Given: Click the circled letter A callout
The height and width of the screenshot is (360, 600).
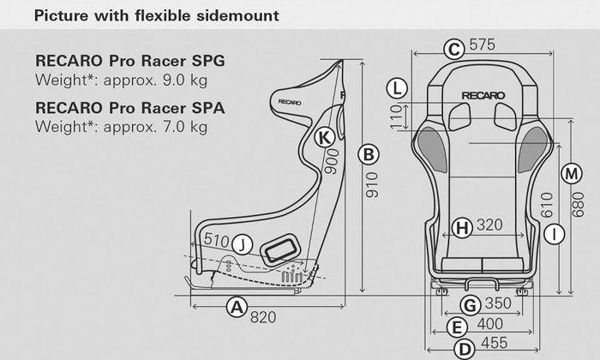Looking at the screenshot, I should pyautogui.click(x=237, y=306).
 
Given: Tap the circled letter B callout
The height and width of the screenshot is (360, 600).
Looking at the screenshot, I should pyautogui.click(x=368, y=154).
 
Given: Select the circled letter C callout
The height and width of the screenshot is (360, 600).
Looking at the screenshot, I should pyautogui.click(x=454, y=49).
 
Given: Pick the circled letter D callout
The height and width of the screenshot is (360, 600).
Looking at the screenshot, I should pyautogui.click(x=464, y=348).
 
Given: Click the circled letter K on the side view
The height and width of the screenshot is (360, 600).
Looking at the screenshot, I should pyautogui.click(x=323, y=137).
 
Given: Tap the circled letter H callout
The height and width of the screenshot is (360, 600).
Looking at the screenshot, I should pyautogui.click(x=462, y=227).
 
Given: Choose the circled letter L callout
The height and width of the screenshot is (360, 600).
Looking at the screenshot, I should pyautogui.click(x=396, y=87).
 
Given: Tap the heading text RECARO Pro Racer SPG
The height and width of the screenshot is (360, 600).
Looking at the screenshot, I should pyautogui.click(x=130, y=63).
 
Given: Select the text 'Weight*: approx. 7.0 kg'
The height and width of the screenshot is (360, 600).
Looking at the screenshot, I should pyautogui.click(x=121, y=127).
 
